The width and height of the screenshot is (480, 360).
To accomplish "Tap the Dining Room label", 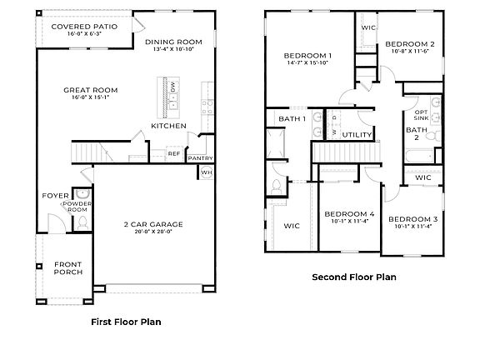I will (173, 42).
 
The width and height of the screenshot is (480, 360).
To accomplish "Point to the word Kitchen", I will (168, 126).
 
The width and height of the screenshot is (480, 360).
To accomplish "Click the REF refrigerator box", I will (174, 153).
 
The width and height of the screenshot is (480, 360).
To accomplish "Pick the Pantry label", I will (200, 158).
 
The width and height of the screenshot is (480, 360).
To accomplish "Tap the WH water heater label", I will (206, 172).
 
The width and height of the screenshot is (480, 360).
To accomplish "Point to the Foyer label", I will (54, 197).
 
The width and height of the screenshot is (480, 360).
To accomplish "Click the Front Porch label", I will (68, 267).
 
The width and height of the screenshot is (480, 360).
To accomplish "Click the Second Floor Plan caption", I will (353, 276).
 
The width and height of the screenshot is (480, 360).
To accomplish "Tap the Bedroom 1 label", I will (307, 57).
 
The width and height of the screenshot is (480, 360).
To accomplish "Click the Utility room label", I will (357, 133).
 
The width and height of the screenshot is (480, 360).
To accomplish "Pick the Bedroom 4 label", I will (349, 213).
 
